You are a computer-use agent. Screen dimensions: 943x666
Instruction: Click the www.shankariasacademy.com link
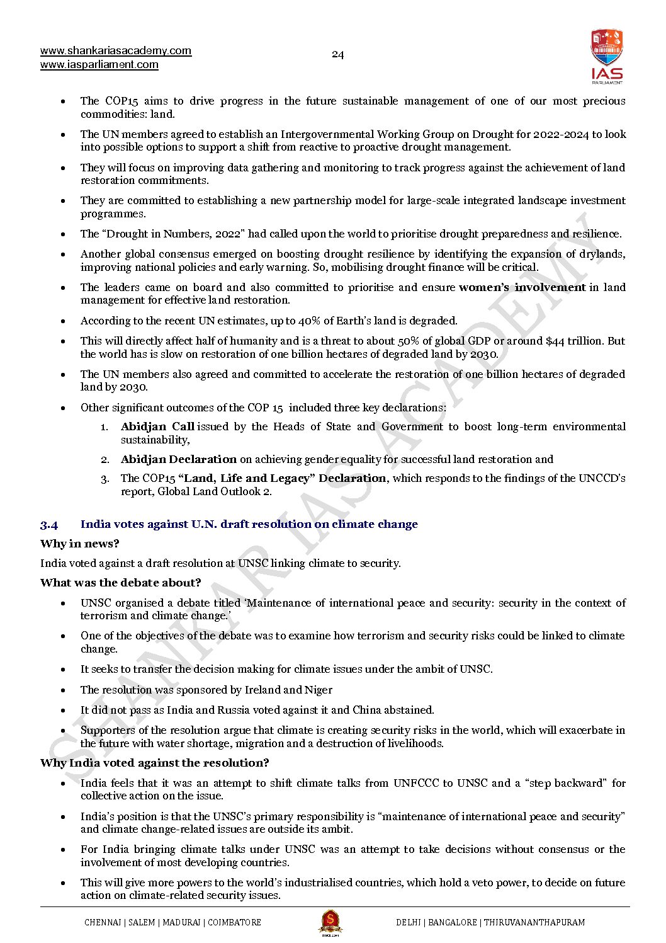[x=116, y=51]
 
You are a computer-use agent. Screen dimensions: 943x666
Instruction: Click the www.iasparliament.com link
[x=99, y=64]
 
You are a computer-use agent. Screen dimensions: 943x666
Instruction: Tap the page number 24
[x=337, y=55]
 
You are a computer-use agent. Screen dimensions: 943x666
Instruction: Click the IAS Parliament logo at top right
[x=606, y=56]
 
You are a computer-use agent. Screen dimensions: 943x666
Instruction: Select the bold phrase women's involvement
[x=522, y=287]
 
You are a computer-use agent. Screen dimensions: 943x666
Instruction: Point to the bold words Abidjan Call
[x=157, y=426]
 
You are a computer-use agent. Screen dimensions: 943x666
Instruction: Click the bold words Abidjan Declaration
[x=179, y=459]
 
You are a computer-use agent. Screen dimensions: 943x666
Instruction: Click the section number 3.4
[x=49, y=524]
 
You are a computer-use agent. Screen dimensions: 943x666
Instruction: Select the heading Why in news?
[x=80, y=544]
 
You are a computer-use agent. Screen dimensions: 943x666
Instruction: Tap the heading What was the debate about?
[x=121, y=583]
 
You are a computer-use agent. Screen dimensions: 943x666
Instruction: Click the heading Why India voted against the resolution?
[x=155, y=763]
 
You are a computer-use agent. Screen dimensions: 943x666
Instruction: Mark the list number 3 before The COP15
[x=105, y=479]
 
